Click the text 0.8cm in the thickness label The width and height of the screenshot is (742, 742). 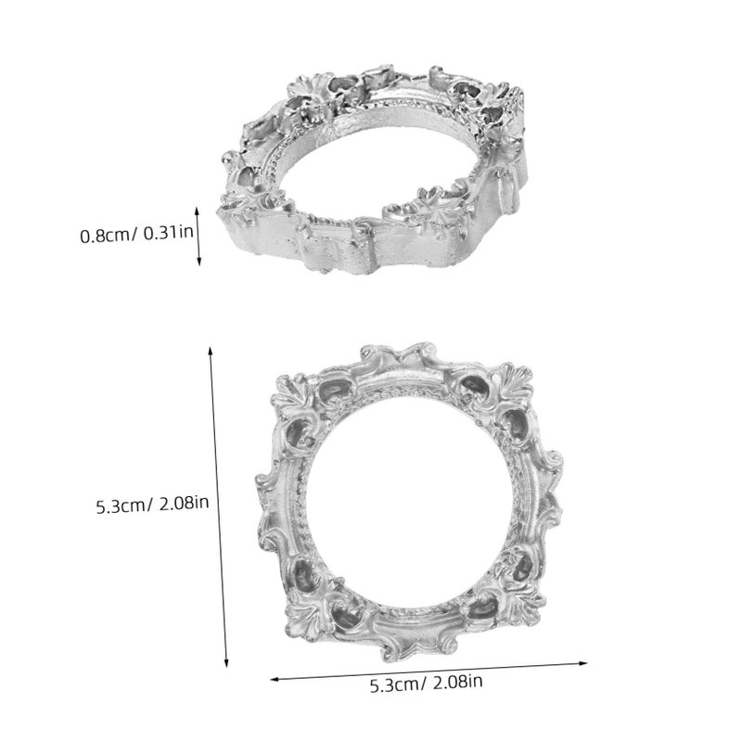click(106, 236)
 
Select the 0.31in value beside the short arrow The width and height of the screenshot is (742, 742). click(168, 233)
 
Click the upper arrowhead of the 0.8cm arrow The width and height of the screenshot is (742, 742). click(198, 211)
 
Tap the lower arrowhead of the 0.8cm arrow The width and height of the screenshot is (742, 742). click(198, 261)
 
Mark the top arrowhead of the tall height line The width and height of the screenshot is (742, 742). click(211, 351)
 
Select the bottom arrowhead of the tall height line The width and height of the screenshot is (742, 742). click(226, 663)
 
